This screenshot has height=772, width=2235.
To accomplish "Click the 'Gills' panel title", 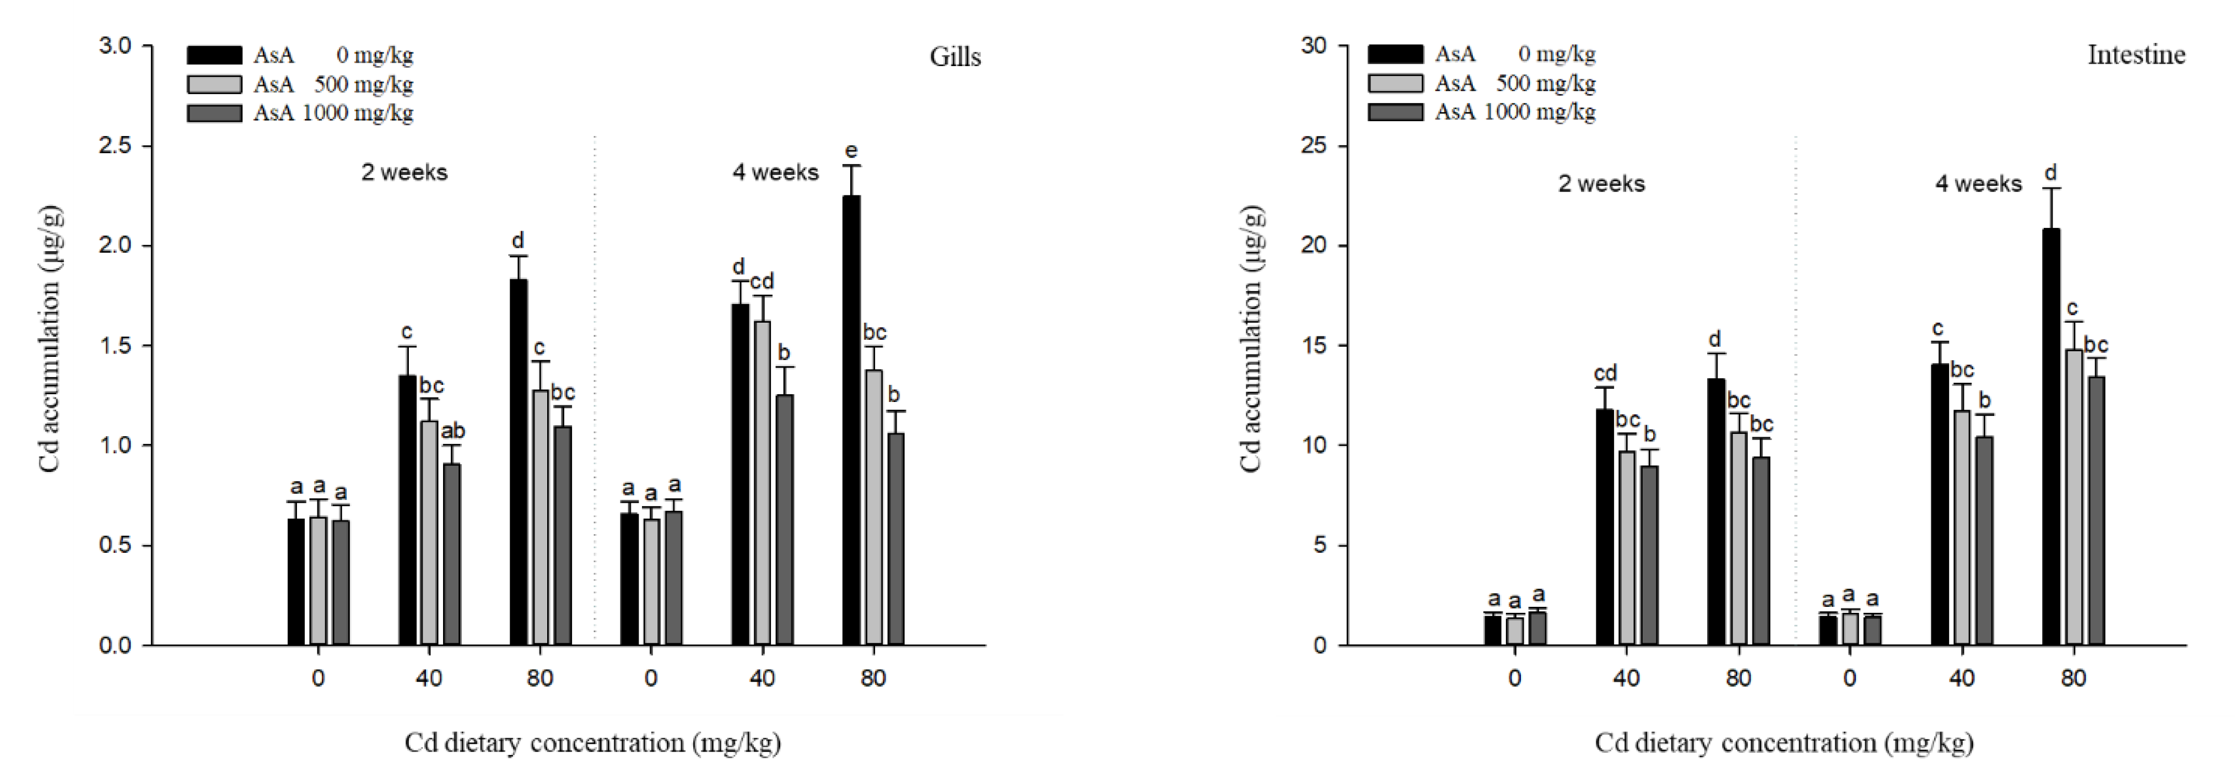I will click(x=955, y=57).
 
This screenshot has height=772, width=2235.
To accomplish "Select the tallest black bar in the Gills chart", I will click(x=851, y=421).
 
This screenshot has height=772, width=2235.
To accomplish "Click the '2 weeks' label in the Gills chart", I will click(x=404, y=172).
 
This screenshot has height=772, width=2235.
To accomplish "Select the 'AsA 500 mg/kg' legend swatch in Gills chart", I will click(x=214, y=85).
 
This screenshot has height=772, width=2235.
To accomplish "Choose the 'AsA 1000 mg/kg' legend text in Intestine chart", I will click(x=1514, y=112).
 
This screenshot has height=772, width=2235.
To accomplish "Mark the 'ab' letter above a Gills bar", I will click(x=453, y=431).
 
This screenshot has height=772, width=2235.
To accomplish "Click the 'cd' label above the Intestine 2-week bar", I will click(x=1605, y=374).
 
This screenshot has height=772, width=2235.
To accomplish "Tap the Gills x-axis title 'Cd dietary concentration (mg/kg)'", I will click(x=592, y=743).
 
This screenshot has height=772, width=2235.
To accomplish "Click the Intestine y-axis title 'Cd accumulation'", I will click(x=1250, y=338).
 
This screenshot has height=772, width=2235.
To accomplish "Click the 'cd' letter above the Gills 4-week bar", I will click(x=762, y=282).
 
